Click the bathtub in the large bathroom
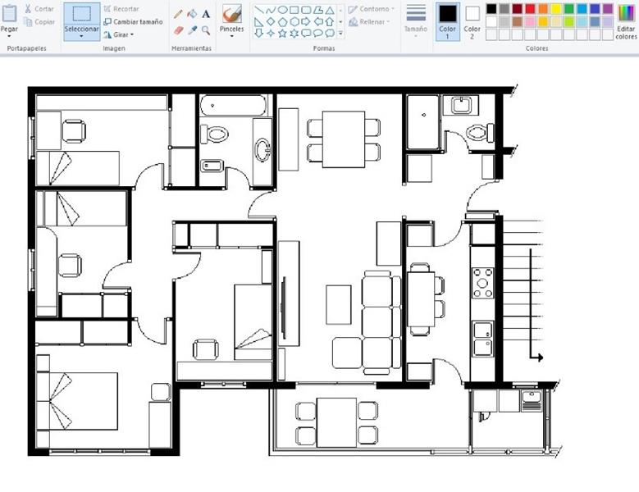pyautogui.click(x=234, y=106)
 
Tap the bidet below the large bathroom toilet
pyautogui.click(x=212, y=166)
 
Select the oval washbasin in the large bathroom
pyautogui.click(x=262, y=149)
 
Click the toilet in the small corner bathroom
pyautogui.click(x=479, y=133)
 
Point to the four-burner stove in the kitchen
pyautogui.click(x=482, y=283)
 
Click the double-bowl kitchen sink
pyautogui.click(x=483, y=339)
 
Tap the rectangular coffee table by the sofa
pyautogui.click(x=338, y=305)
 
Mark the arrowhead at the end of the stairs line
pyautogui.click(x=540, y=358)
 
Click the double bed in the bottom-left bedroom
pyautogui.click(x=77, y=401)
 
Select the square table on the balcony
pyautogui.click(x=336, y=422)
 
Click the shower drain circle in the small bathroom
pyautogui.click(x=424, y=115)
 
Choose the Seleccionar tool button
pyautogui.click(x=81, y=21)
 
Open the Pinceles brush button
pyautogui.click(x=232, y=20)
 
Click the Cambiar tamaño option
pyautogui.click(x=133, y=21)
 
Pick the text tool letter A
pyautogui.click(x=206, y=14)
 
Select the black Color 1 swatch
pyautogui.click(x=447, y=22)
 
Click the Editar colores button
pyautogui.click(x=627, y=22)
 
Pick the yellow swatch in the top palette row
pyautogui.click(x=556, y=8)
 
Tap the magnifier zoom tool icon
pyautogui.click(x=206, y=30)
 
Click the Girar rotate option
pyautogui.click(x=119, y=34)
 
